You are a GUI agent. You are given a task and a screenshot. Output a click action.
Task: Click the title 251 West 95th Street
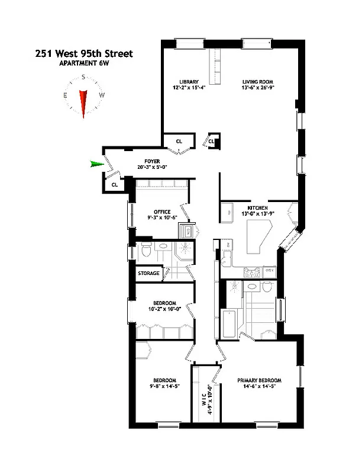click(x=83, y=54)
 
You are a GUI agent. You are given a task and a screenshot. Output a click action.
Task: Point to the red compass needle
click(x=84, y=103)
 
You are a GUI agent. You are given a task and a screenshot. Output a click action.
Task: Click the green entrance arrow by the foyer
click(x=96, y=164)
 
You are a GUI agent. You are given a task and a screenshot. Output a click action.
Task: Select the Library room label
click(x=189, y=82)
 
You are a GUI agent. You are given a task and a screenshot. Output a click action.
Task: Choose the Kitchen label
click(x=258, y=207)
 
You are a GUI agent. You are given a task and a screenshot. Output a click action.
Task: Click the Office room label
click(x=161, y=212)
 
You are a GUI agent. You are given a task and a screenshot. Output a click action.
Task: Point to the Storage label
click(x=148, y=273)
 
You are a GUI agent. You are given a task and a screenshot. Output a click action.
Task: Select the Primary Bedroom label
click(x=259, y=380)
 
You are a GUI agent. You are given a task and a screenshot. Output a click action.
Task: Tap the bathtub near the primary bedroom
click(x=228, y=324)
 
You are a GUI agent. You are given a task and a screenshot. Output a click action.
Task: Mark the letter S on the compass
click(x=84, y=76)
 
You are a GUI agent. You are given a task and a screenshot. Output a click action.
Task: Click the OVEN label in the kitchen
click(x=269, y=269)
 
